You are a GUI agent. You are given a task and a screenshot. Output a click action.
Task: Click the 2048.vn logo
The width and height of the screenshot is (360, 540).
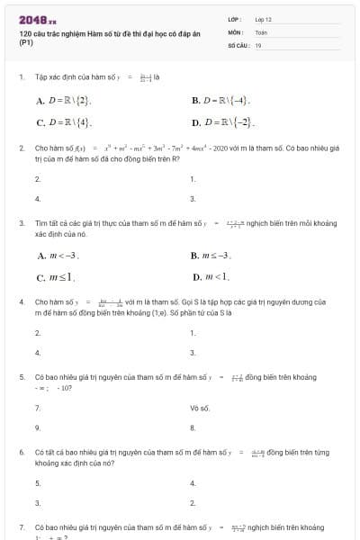click(38, 19)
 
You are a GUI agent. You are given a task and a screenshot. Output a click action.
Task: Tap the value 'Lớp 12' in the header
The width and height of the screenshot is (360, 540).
click(263, 19)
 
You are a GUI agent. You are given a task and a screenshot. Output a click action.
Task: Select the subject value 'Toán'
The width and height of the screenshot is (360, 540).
click(261, 31)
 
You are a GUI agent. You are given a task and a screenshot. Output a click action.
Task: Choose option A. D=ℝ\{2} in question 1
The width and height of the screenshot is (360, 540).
click(62, 101)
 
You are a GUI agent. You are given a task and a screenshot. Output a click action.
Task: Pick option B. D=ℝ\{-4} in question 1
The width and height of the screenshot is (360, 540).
click(220, 101)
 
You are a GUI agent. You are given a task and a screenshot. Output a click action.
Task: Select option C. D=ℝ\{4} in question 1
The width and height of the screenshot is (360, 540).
click(63, 121)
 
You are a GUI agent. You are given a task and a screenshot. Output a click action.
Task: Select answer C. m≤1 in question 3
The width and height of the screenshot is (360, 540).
click(56, 276)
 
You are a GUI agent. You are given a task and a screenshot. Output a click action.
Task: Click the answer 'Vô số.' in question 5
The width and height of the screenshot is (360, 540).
click(199, 408)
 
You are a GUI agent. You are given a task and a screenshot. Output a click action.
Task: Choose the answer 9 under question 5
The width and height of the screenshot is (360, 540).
click(37, 427)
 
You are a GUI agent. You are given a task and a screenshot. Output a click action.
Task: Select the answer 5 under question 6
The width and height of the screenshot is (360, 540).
click(37, 483)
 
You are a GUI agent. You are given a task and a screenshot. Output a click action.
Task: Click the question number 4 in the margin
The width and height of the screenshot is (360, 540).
click(22, 301)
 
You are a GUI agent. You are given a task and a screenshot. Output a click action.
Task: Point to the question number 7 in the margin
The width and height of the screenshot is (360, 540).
click(22, 526)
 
